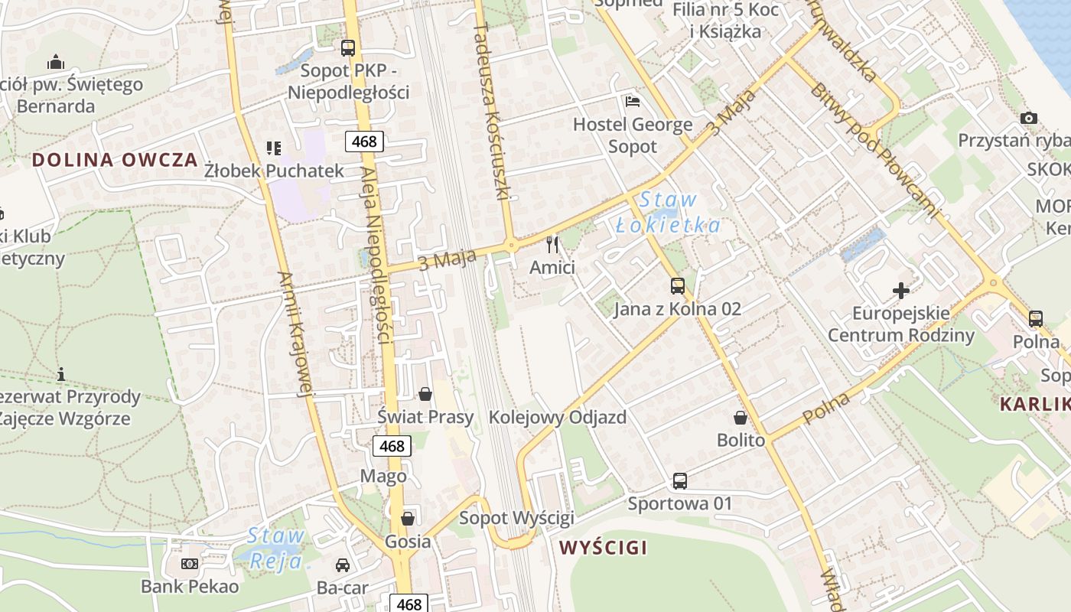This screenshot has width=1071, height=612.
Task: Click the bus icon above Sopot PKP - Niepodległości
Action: (348, 47)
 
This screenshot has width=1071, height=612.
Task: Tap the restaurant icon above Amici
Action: (552, 245)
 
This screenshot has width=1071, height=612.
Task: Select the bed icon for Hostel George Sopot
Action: (633, 101)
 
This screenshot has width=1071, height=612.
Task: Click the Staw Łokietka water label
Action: (668, 213)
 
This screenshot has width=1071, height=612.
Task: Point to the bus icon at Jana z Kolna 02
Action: (678, 286)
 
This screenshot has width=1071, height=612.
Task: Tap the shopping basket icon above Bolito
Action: (741, 418)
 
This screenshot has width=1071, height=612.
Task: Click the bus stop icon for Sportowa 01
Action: (680, 480)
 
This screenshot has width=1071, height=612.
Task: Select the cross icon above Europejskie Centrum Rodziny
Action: (901, 291)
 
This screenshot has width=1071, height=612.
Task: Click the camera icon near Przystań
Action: (1029, 118)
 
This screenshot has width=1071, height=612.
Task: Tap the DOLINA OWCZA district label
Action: (116, 161)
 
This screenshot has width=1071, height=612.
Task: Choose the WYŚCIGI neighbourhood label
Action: (603, 548)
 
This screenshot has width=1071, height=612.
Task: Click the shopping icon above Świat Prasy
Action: (425, 394)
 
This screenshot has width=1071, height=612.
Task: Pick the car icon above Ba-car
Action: (343, 565)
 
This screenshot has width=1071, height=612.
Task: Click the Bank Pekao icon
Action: (189, 564)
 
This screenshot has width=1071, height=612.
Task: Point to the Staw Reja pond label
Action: (276, 549)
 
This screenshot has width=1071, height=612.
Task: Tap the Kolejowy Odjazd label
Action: (557, 418)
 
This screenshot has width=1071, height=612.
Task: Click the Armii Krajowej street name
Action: (295, 334)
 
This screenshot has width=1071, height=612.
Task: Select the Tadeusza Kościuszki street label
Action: (490, 112)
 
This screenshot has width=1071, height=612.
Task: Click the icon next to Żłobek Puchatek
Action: (273, 148)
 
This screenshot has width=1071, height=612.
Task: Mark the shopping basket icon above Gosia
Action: (408, 519)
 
